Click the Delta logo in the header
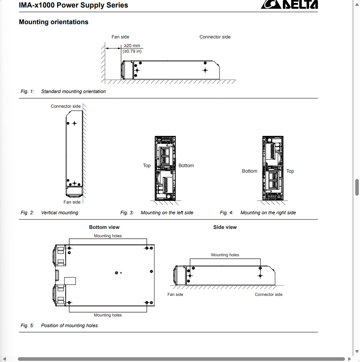pyautogui.click(x=289, y=4)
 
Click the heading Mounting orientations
pyautogui.click(x=53, y=22)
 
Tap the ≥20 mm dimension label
pyautogui.click(x=132, y=46)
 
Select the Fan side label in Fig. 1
pyautogui.click(x=120, y=37)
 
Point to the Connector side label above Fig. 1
pyautogui.click(x=215, y=37)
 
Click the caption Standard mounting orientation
pyautogui.click(x=73, y=91)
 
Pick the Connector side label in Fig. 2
pyautogui.click(x=66, y=106)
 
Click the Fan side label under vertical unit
pyautogui.click(x=72, y=202)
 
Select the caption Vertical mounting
pyautogui.click(x=60, y=213)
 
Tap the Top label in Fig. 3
pyautogui.click(x=147, y=166)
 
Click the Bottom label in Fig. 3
pyautogui.click(x=186, y=166)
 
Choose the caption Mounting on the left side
pyautogui.click(x=167, y=213)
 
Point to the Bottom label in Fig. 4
pyautogui.click(x=250, y=171)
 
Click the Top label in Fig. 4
pyautogui.click(x=290, y=171)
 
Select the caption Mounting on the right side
pyautogui.click(x=268, y=213)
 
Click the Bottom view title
pyautogui.click(x=104, y=227)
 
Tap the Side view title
pyautogui.click(x=225, y=227)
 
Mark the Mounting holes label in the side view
pyautogui.click(x=225, y=255)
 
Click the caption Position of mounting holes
pyautogui.click(x=69, y=326)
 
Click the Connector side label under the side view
pyautogui.click(x=269, y=295)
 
